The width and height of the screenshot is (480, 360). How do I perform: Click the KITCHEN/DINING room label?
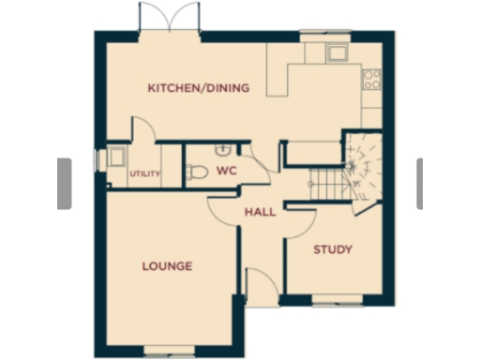click(x=199, y=88)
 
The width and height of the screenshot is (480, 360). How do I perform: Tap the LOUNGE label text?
click(x=167, y=266)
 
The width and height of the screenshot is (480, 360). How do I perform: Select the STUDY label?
click(x=332, y=249)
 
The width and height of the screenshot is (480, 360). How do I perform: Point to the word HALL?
click(x=260, y=212)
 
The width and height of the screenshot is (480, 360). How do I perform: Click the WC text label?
click(x=226, y=172)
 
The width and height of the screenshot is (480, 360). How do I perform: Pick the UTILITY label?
click(x=145, y=173)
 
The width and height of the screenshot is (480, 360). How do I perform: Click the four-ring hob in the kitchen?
click(x=371, y=79)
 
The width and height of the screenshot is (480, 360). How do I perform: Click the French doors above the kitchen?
click(x=170, y=19)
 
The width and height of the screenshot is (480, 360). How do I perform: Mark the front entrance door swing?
click(x=257, y=282)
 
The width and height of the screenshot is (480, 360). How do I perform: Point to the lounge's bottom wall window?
click(x=170, y=352)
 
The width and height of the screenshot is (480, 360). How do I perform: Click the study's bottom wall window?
click(x=337, y=300)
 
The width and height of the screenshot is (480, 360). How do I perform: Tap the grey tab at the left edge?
click(x=65, y=183)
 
